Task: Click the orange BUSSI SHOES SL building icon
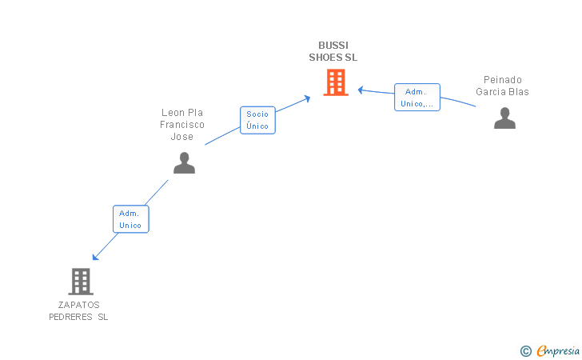click(x=336, y=82)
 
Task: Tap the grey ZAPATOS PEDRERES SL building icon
click(x=81, y=281)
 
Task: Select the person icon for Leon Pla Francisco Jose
click(x=184, y=162)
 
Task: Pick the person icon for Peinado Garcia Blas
click(x=504, y=118)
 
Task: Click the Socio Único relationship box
click(x=257, y=120)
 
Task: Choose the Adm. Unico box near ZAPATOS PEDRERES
click(x=130, y=218)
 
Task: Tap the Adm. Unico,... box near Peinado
click(x=417, y=98)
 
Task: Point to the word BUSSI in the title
click(x=333, y=45)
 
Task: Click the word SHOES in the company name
click(x=327, y=58)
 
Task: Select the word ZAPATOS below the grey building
click(x=78, y=305)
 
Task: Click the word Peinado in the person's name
click(x=503, y=80)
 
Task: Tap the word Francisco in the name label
click(x=182, y=125)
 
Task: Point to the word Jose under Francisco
click(x=182, y=137)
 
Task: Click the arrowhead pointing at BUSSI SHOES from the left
click(x=307, y=98)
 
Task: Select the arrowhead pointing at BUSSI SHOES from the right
click(x=361, y=90)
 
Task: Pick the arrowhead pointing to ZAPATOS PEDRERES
click(x=95, y=257)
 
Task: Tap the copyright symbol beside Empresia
click(x=525, y=350)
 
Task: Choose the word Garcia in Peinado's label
click(x=491, y=92)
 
